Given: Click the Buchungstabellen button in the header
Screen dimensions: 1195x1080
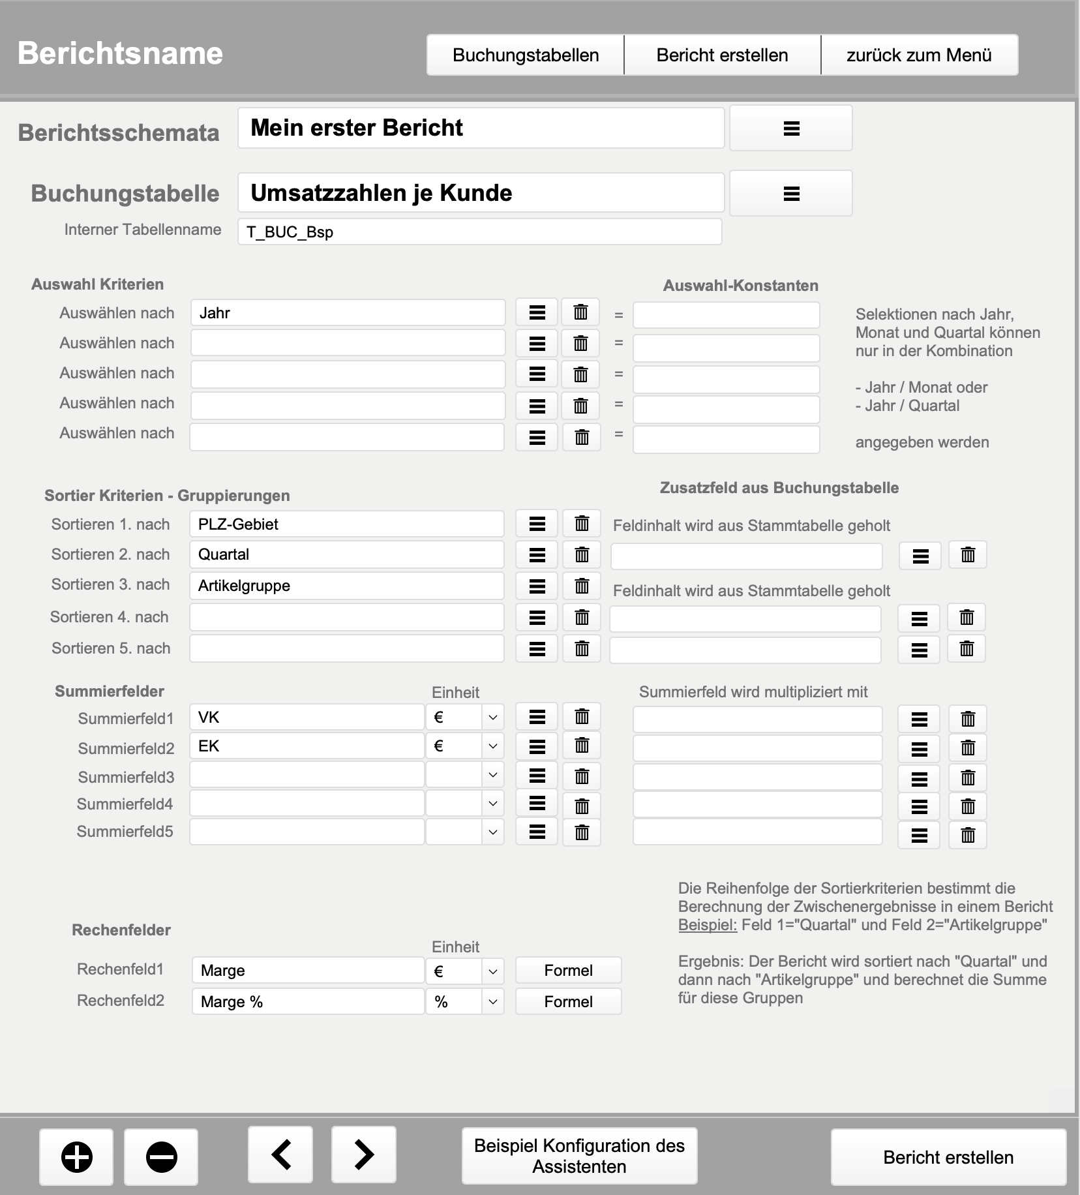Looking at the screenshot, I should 526,55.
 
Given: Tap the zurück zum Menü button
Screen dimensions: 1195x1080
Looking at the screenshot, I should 919,55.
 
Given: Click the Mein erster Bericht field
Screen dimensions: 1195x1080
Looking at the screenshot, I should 481,128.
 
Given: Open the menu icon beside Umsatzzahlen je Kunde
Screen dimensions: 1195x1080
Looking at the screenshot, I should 791,193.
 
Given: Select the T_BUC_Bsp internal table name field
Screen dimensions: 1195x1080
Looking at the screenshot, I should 479,232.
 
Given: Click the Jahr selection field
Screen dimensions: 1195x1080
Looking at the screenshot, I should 348,313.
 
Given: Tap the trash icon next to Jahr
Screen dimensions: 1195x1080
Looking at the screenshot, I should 580,312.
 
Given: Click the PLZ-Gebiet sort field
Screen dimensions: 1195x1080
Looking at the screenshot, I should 346,524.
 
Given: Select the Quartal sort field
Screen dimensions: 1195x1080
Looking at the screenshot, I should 346,554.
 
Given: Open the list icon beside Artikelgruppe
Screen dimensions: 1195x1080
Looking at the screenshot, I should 537,586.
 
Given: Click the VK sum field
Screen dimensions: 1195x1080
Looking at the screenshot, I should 307,718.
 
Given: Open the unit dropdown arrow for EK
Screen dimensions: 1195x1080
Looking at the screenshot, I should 493,746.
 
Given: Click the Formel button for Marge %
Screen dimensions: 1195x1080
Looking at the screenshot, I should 568,1002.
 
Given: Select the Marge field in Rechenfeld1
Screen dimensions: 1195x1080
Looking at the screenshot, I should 308,971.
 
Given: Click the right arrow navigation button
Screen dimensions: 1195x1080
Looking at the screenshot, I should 364,1155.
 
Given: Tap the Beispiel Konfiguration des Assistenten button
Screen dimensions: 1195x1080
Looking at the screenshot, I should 579,1156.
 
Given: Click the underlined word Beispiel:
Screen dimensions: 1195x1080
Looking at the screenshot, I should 707,925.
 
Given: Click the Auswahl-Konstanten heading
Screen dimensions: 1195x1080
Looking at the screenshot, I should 740,286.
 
